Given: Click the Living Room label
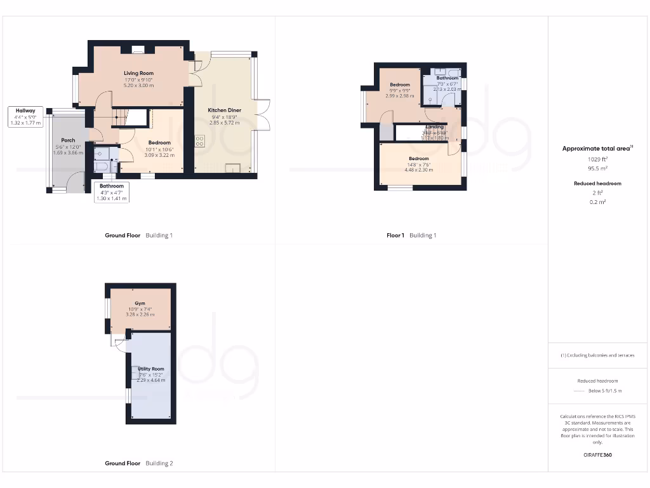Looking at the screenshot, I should point(138,74).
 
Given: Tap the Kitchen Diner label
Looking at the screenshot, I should point(224,110).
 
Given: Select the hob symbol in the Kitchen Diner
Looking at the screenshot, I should point(201,140).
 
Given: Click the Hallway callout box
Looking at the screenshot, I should point(25,117).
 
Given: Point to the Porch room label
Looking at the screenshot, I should point(68,140).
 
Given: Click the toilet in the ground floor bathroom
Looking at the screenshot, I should point(102,167).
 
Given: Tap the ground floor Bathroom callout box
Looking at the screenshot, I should point(111,192).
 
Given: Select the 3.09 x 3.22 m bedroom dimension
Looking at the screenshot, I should point(159,154).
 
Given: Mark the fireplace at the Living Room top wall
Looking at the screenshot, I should point(138,48).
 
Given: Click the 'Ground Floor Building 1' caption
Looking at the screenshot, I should point(138,235).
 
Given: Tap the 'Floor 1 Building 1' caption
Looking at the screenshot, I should point(411,235).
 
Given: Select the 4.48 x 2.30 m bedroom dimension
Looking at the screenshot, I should point(418,170).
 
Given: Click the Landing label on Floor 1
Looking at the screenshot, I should point(435,127).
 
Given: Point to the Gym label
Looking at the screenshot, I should point(140,304).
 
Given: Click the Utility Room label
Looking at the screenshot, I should point(150,369).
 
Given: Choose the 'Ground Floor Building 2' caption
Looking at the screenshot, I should point(138,463).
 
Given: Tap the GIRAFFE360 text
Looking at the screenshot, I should point(597,455).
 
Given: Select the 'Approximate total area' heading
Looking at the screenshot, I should point(597,149).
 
